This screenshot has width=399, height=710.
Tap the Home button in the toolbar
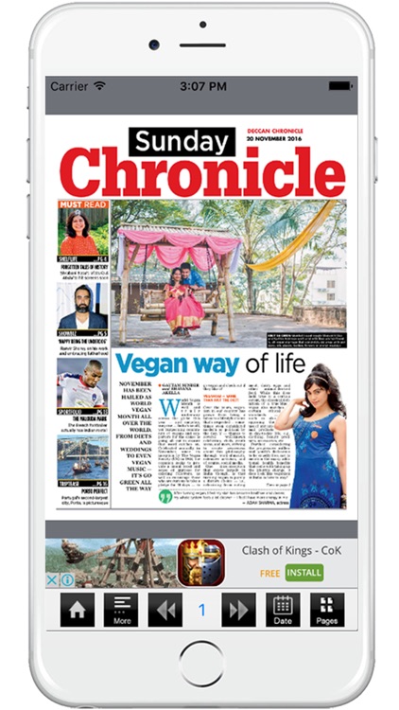[x=78, y=610]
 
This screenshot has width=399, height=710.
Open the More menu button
[x=121, y=610]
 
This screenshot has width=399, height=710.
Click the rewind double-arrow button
[x=165, y=610]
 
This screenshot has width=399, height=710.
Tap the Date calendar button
[x=283, y=610]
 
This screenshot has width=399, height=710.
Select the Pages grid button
[x=326, y=610]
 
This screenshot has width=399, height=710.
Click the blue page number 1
[x=201, y=610]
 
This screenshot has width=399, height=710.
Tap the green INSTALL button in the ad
[x=304, y=572]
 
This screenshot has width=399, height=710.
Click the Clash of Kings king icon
[x=201, y=562]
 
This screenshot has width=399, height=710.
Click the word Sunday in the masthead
[x=181, y=142]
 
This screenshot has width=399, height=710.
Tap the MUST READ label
[x=83, y=204]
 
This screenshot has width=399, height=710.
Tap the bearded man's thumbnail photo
[x=82, y=309]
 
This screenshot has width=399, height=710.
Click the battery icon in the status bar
[x=341, y=86]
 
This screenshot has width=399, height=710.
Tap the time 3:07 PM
[x=199, y=86]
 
